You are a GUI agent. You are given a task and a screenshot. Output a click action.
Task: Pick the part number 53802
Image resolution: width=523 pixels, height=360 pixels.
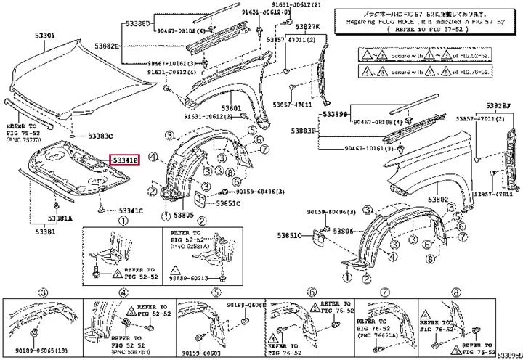point(438,199)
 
